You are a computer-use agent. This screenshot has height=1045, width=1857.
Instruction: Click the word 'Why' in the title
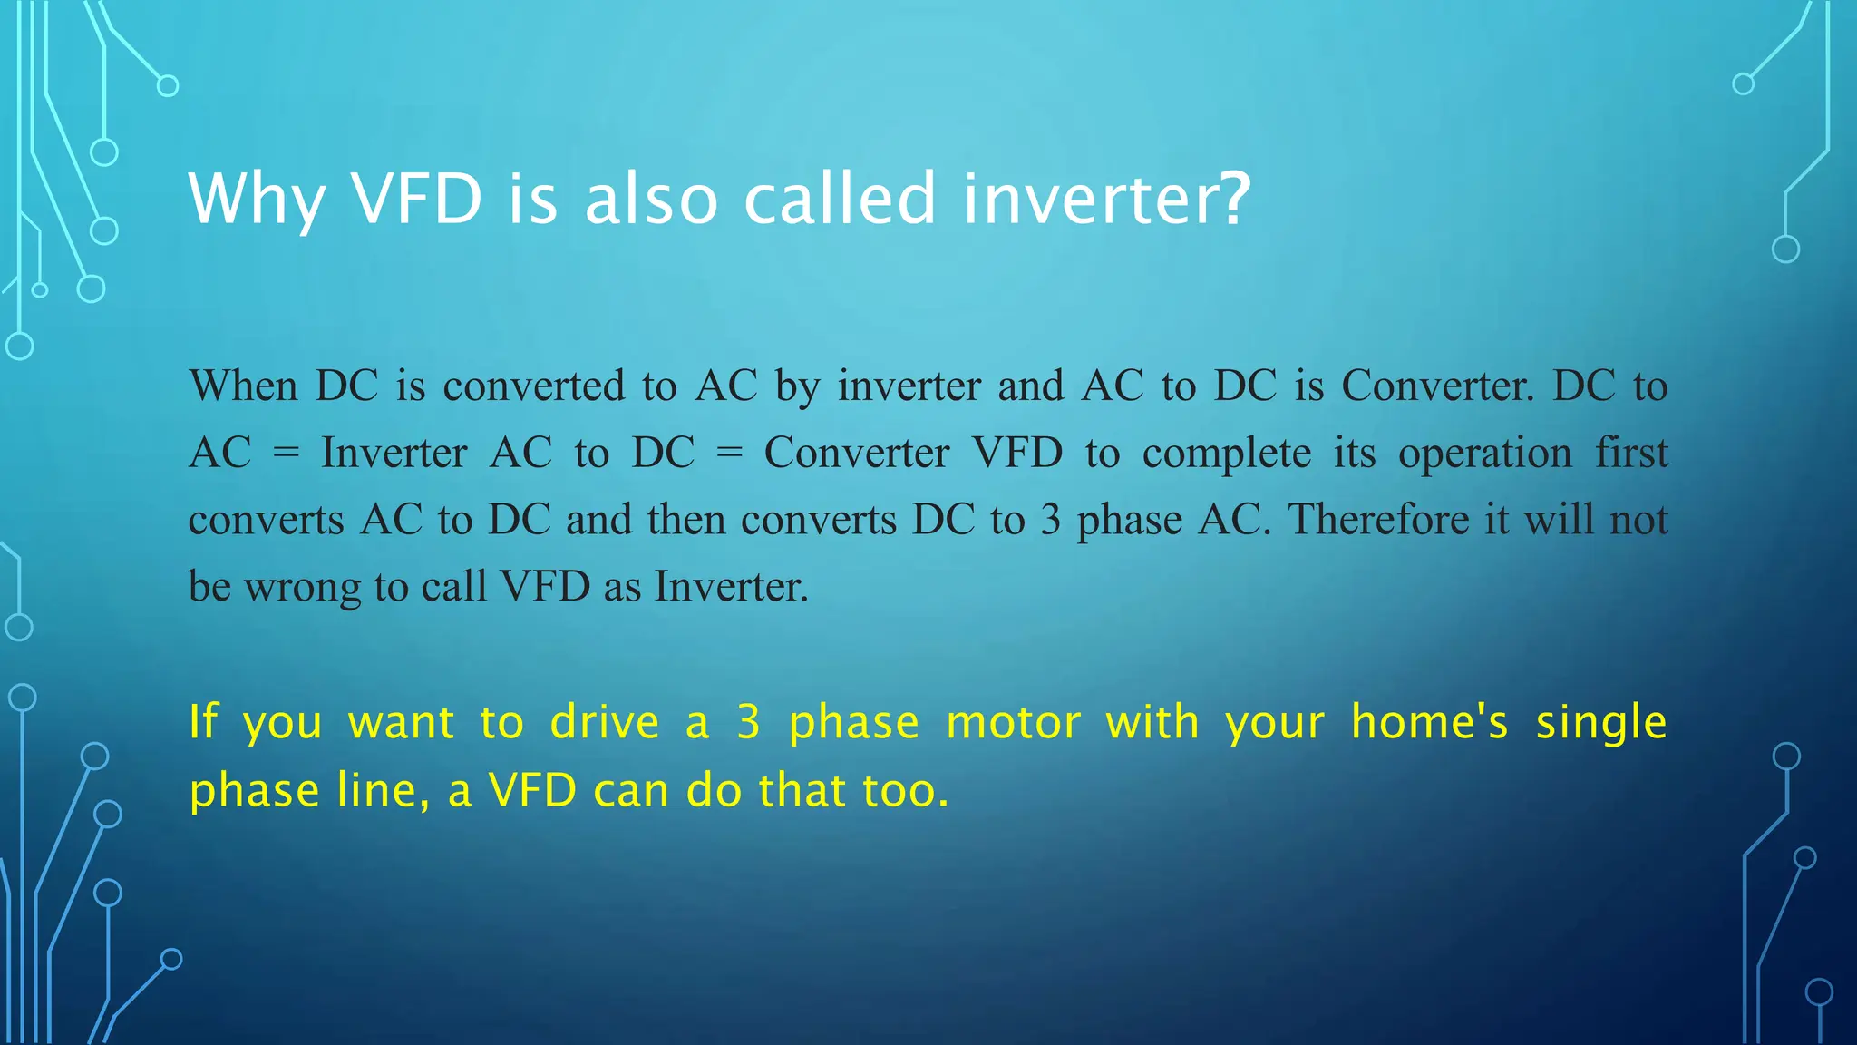pos(257,200)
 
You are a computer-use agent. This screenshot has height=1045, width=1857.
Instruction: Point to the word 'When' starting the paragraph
pos(243,386)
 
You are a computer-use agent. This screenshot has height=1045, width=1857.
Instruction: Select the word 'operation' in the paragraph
pos(1485,454)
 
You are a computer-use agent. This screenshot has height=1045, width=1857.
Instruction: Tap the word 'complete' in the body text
pos(1227,454)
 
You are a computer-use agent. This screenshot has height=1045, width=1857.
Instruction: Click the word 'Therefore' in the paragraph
pos(1378,520)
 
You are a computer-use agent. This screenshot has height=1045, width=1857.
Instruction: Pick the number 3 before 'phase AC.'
pos(1050,521)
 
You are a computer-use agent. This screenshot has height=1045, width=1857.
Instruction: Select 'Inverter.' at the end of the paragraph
pos(731,587)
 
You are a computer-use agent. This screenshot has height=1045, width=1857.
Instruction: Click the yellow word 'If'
pos(203,723)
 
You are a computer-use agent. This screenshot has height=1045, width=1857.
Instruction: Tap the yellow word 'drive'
pos(605,723)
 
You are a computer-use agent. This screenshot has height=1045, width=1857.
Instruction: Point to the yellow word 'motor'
pos(1013,723)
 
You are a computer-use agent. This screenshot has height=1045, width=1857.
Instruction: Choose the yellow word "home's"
pos(1430,723)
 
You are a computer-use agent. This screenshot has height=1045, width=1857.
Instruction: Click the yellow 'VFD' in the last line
pos(532,790)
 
